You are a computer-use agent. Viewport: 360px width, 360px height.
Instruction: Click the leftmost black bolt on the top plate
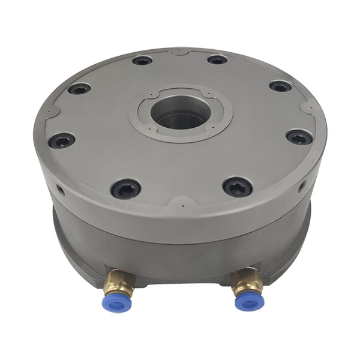(x=62, y=141)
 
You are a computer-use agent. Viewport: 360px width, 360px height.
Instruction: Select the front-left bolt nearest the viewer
(x=126, y=190)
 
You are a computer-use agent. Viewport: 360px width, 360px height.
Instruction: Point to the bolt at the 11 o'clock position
(x=142, y=60)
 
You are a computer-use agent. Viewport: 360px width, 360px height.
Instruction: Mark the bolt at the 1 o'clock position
(x=217, y=59)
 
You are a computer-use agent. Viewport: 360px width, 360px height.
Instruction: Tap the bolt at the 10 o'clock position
(x=79, y=89)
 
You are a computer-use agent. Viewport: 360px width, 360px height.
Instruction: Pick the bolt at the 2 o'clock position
(x=280, y=86)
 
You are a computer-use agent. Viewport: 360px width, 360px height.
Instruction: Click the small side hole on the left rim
(x=60, y=193)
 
